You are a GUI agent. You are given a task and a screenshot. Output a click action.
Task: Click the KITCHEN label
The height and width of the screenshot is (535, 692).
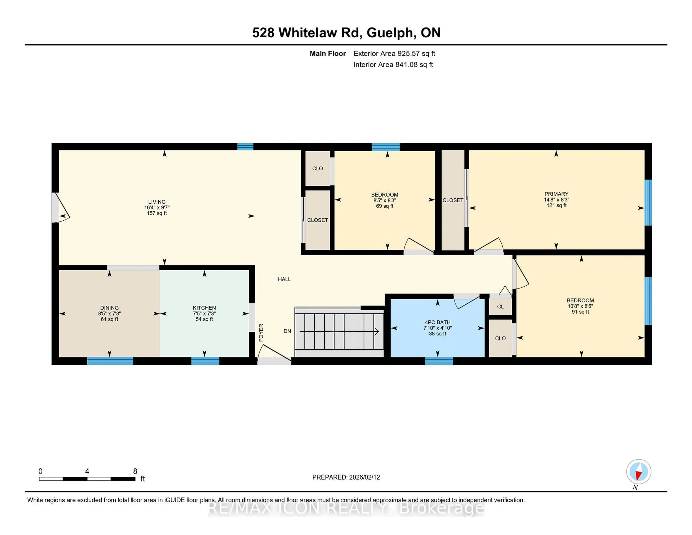[x=204, y=308]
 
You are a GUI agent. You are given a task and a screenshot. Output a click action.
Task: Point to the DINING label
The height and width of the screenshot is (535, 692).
[x=109, y=308]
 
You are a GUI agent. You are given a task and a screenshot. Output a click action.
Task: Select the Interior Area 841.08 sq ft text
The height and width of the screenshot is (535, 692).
[x=393, y=65]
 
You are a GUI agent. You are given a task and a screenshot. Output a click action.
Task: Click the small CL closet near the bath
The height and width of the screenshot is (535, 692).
[x=500, y=306]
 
